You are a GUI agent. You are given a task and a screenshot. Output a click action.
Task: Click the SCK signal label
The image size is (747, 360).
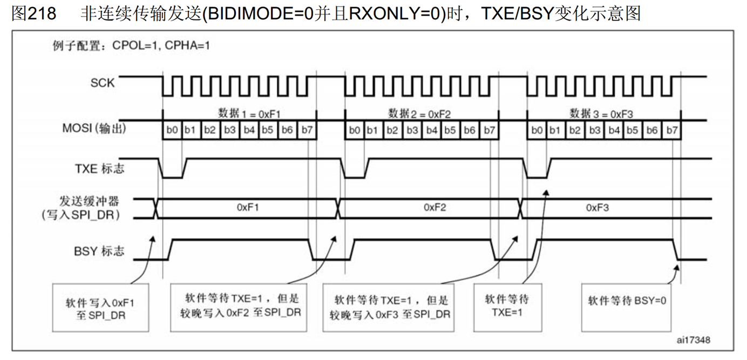click(103, 83)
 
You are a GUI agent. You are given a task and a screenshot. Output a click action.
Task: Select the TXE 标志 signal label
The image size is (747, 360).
click(99, 168)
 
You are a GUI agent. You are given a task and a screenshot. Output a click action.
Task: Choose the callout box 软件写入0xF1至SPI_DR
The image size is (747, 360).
click(100, 308)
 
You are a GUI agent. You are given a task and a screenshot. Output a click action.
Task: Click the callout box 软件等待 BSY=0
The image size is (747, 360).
click(627, 307)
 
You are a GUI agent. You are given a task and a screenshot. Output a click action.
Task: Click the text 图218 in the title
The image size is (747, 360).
click(33, 13)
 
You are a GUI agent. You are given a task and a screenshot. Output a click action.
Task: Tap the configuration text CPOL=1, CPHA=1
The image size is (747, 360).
click(161, 46)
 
